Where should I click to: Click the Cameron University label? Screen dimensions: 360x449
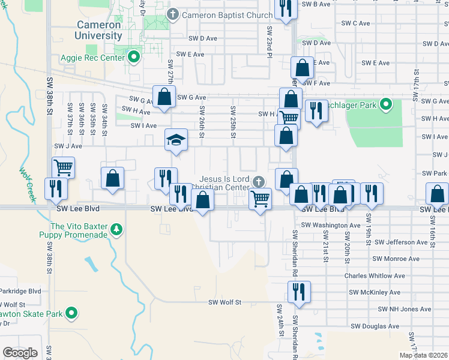(x=99, y=30)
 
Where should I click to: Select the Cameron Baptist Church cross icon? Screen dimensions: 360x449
(x=173, y=14)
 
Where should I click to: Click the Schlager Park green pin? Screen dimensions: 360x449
(x=387, y=106)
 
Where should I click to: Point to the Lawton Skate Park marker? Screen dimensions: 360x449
(x=71, y=313)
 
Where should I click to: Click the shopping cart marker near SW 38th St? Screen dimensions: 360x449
(x=62, y=167)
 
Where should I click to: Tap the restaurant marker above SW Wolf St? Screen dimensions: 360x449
(x=298, y=292)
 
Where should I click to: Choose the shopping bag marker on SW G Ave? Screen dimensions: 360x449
(x=164, y=97)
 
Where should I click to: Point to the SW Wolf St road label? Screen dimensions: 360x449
(x=224, y=303)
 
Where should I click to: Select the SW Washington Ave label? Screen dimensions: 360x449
(x=330, y=225)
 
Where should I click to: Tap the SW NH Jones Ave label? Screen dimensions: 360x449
(x=405, y=310)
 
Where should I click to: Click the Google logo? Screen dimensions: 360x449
(x=20, y=353)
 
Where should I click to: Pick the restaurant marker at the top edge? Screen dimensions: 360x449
(x=285, y=8)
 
